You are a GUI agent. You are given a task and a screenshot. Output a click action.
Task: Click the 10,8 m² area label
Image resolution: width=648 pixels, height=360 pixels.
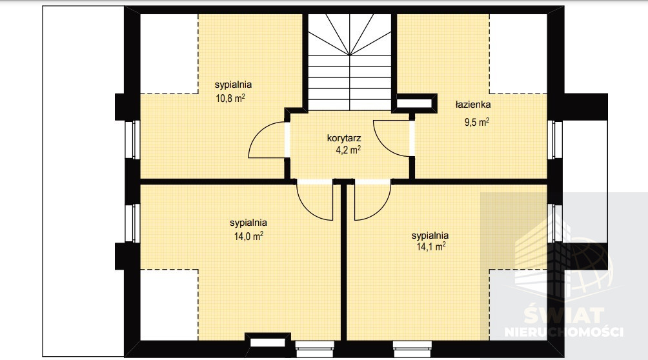230,98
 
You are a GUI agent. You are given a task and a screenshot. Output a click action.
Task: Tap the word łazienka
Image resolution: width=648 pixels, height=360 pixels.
473,105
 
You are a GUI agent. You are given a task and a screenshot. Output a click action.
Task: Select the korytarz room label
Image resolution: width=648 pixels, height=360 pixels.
344,138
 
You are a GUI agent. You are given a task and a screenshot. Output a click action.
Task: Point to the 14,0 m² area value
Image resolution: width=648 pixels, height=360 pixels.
248,236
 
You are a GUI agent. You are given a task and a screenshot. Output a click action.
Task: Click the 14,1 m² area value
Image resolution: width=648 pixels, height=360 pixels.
431,246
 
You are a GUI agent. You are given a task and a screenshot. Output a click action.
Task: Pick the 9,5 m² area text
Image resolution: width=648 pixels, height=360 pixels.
477,123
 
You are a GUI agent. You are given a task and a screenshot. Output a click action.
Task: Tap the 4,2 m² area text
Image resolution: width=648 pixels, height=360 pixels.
348,150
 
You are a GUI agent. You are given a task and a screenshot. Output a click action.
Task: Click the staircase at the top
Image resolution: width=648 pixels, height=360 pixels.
350,62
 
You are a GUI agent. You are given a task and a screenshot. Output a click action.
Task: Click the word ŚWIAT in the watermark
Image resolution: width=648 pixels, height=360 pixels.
564,315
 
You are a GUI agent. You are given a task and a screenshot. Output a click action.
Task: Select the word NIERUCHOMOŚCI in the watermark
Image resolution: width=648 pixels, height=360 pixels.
563,332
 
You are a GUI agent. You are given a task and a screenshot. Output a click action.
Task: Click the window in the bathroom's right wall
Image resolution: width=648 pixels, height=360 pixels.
555,140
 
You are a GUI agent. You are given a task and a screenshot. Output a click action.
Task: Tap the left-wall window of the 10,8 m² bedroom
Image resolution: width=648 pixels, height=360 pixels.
133,140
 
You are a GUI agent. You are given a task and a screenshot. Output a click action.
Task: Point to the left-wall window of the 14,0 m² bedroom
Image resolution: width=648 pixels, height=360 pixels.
133,223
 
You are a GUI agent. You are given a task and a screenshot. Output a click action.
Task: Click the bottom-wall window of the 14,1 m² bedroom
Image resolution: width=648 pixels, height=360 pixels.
412,349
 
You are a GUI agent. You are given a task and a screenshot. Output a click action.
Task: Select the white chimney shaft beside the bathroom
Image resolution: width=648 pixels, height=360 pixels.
414,103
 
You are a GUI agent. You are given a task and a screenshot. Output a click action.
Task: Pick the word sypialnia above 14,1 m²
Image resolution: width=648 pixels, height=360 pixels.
430,235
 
